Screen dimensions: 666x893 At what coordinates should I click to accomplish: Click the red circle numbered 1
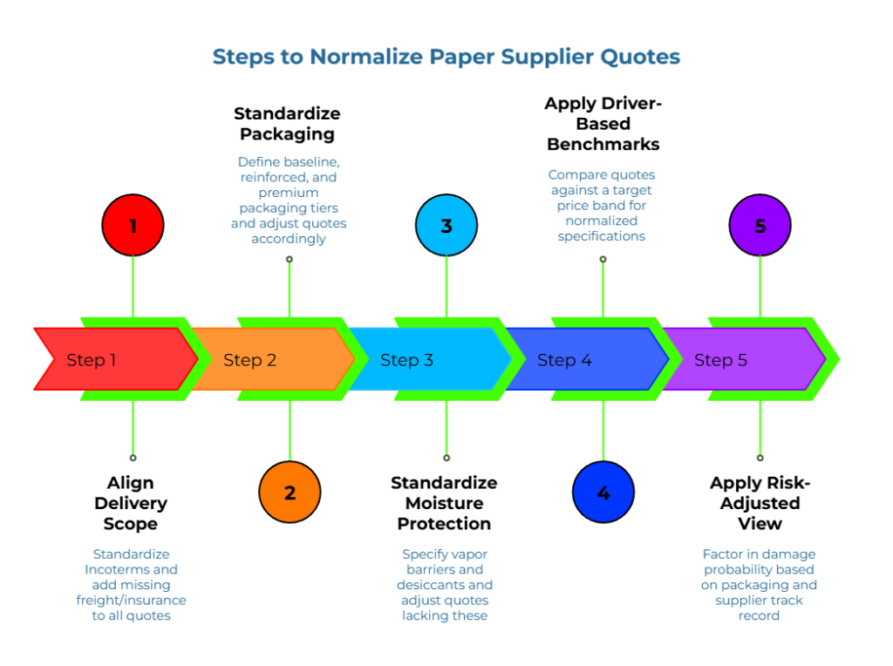click(133, 226)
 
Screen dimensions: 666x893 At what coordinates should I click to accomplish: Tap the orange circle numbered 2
click(290, 493)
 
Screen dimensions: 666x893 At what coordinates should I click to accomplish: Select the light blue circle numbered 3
click(446, 226)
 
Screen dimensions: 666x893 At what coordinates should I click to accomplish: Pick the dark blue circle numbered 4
click(603, 493)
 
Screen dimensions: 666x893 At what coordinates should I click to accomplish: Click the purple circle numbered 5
click(760, 226)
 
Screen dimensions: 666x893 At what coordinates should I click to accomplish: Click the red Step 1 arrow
click(113, 359)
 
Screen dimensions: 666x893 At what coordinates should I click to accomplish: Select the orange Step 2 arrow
click(270, 359)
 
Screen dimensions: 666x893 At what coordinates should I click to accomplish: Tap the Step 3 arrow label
click(406, 360)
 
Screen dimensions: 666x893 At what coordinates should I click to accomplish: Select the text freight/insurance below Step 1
click(131, 601)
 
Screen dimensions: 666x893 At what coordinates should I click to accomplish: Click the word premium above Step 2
click(290, 193)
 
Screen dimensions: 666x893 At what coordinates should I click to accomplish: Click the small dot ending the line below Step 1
click(133, 458)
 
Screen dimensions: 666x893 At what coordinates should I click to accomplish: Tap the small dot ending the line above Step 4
click(603, 259)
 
